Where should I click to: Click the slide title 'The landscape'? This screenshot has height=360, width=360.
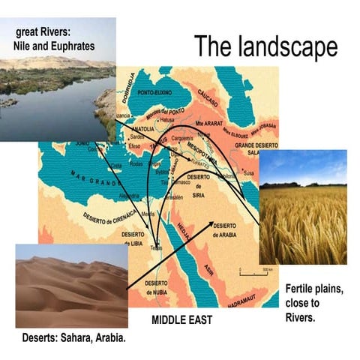pos(266,46)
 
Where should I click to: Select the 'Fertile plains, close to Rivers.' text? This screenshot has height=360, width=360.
pos(314,301)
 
